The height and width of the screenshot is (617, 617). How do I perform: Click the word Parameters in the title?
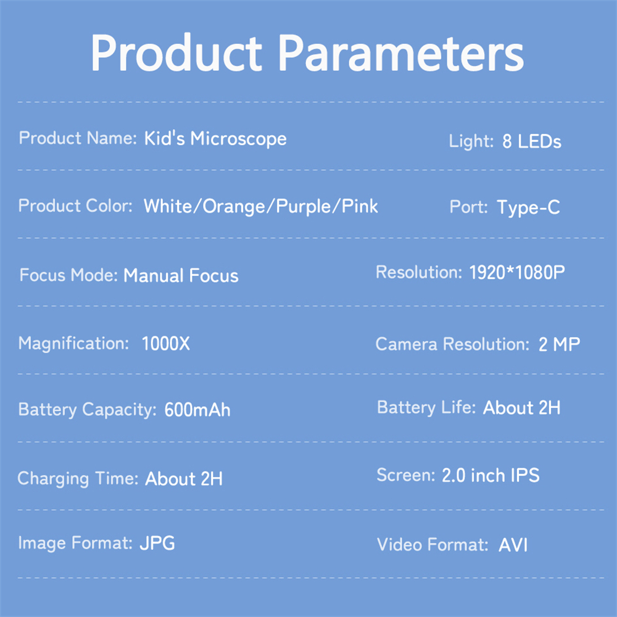tap(402, 52)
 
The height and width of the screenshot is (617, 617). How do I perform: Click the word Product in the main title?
tap(176, 52)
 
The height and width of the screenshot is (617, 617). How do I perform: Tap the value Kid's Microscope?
tap(215, 138)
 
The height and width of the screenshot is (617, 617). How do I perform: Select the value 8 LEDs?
tap(532, 141)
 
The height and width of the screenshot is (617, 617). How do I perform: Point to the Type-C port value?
tap(529, 207)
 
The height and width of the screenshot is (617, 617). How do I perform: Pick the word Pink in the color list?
tap(360, 206)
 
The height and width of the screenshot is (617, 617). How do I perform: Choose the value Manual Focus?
tap(181, 275)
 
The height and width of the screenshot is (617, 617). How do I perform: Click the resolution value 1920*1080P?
tap(517, 272)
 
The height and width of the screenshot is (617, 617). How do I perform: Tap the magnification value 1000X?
tap(165, 344)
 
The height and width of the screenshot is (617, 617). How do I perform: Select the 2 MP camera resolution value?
tap(559, 345)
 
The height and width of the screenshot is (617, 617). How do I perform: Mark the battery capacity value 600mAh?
tap(197, 410)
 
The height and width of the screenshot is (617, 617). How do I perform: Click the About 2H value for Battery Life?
tap(522, 408)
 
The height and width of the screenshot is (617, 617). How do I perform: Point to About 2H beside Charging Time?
tap(184, 479)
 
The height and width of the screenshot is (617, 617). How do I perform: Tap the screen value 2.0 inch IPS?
tap(491, 475)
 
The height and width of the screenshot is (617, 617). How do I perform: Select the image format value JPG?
tap(157, 543)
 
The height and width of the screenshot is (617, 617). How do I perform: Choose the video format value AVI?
tap(513, 545)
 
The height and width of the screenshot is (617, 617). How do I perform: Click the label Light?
tap(471, 141)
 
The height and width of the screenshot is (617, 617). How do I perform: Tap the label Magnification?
tap(73, 344)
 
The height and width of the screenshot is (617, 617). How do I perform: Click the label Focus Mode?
tap(69, 275)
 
